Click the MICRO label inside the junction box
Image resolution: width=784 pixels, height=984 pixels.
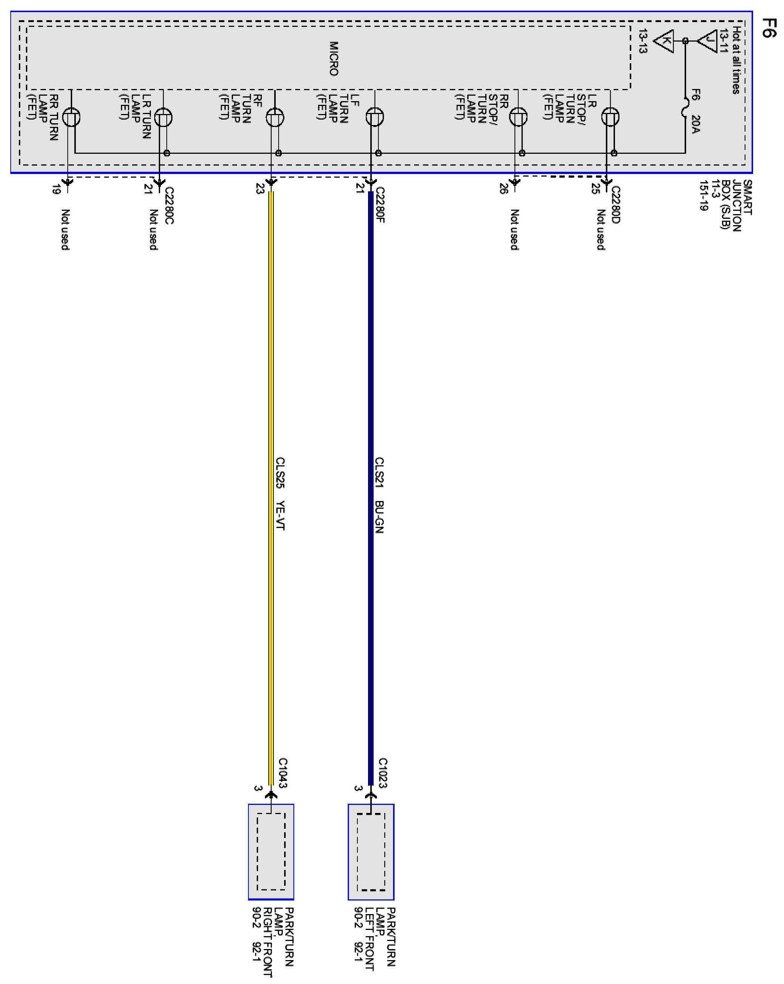[x=334, y=58]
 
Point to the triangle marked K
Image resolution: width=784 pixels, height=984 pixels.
[x=664, y=41]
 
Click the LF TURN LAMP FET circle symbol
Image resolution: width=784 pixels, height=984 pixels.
[x=374, y=117]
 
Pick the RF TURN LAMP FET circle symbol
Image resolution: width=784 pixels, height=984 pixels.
[x=275, y=117]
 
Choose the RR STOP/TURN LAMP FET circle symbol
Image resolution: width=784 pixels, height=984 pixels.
[x=518, y=117]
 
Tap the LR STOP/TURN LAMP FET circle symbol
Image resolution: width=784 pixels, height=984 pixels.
[x=610, y=117]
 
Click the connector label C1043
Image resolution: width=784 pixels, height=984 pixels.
[x=283, y=773]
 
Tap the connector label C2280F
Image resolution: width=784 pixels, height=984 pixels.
[x=380, y=205]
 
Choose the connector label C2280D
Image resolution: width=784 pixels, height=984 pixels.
[x=615, y=205]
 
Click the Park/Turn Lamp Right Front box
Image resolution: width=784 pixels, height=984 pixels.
[x=271, y=852]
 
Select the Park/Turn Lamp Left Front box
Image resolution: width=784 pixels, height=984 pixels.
[x=371, y=852]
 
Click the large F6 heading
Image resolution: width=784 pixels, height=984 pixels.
[x=769, y=28]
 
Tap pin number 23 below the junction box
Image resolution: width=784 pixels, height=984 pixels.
[x=260, y=188]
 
